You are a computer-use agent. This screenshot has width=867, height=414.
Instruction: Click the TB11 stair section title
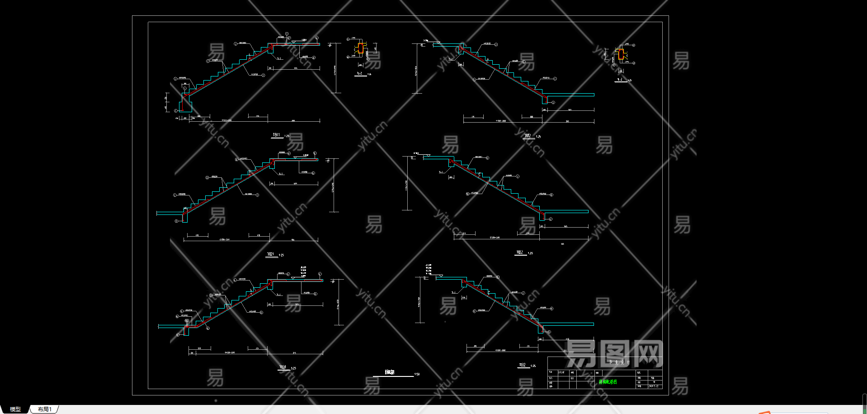pos(276,135)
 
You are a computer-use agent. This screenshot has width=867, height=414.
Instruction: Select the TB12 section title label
pos(528,135)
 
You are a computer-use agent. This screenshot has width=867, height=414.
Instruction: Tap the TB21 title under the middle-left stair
pos(270,254)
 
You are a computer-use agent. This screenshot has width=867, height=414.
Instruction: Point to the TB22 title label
pos(520,252)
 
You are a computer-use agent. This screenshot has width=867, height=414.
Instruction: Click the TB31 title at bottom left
pos(283,367)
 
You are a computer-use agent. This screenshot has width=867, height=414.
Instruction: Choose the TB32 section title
pos(522,365)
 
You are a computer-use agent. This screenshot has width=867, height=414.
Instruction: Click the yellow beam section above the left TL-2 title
pos(361,48)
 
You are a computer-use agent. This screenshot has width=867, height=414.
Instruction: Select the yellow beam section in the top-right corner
pos(619,54)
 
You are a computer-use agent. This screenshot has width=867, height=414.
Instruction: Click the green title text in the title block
pos(608,382)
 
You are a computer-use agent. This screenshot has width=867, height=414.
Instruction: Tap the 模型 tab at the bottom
pos(15,409)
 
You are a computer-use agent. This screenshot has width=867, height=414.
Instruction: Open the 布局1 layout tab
pos(44,409)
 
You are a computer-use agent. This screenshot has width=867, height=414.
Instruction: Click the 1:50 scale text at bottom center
pos(417,374)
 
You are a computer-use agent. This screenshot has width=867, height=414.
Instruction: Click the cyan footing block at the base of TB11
pos(186,106)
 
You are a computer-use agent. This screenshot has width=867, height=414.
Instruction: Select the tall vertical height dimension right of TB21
pos(334,186)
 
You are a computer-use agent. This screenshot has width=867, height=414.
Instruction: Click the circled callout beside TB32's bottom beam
pos(549,332)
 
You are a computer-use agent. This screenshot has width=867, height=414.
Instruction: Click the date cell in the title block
pos(654,386)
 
